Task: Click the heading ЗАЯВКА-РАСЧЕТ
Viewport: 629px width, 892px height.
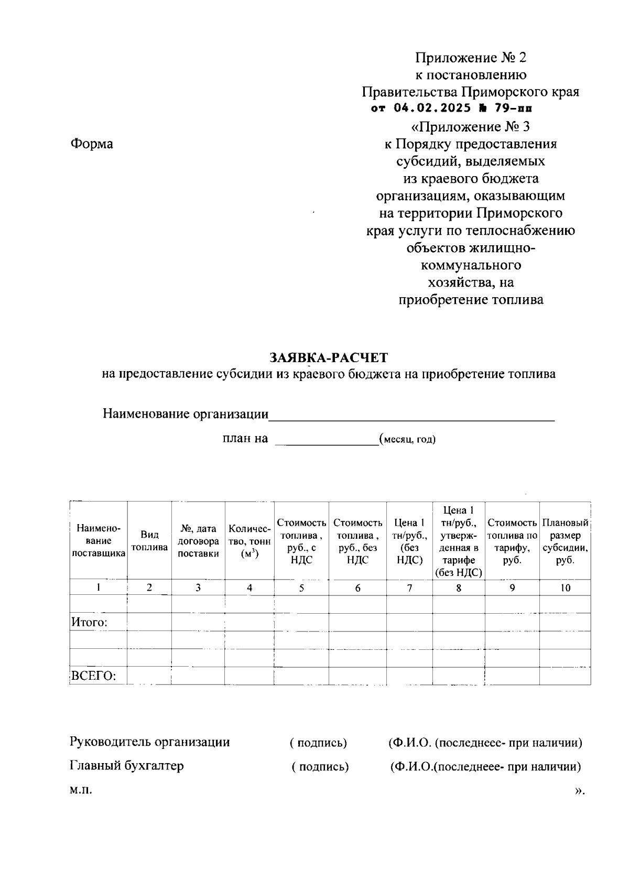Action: pos(328,358)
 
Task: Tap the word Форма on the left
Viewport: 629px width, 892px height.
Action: pos(92,144)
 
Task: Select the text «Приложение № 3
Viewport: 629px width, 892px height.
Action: pos(471,127)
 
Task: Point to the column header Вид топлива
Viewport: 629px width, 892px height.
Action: pos(149,541)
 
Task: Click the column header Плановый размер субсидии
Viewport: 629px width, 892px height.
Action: pos(565,541)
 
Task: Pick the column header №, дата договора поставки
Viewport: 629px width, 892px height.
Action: pos(198,541)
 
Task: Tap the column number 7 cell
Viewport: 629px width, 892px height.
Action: pos(409,588)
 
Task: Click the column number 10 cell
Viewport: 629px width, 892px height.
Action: pos(565,588)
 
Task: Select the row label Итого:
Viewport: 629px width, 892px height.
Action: pos(90,623)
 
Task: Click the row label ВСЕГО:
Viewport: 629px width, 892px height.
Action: pos(93,676)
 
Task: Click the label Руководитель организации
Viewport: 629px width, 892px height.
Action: pos(150,742)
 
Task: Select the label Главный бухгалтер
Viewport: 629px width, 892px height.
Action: pos(127,766)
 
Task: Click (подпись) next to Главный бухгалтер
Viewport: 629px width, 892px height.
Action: pos(320,767)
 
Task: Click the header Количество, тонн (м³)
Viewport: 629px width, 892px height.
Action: pos(250,541)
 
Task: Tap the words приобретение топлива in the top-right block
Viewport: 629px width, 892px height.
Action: pos(471,300)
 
